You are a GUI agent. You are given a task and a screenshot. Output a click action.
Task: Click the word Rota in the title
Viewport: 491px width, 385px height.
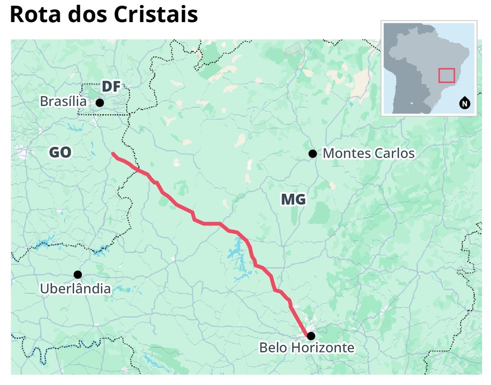point(36,15)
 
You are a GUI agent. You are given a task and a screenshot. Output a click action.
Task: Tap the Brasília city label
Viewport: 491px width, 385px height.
point(63,102)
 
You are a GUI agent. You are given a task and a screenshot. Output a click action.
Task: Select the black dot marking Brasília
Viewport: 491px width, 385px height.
point(100,103)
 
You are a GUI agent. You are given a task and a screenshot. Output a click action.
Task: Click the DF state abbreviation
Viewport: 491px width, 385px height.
point(111,87)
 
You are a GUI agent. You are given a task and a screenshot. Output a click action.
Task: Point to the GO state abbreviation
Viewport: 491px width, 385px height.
point(60,153)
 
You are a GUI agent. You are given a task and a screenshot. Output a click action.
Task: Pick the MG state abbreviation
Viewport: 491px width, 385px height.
point(293,199)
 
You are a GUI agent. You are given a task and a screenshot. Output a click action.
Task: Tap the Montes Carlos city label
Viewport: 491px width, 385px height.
point(368,153)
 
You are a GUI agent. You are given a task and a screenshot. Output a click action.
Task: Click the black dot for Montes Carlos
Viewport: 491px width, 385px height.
point(312,154)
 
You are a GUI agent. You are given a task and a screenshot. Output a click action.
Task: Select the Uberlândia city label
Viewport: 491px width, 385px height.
point(75,288)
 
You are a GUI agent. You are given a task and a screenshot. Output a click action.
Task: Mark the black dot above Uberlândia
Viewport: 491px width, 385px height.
point(78,275)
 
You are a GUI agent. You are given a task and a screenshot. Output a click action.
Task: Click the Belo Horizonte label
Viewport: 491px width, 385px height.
point(306,348)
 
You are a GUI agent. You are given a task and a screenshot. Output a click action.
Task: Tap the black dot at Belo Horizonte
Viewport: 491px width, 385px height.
point(310,336)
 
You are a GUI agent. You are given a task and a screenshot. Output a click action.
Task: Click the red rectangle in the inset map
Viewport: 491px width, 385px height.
point(446,75)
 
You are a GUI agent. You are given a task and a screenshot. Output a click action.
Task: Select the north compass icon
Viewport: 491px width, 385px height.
point(464,103)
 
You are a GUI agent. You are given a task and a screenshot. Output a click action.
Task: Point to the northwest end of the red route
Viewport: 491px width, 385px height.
point(113,154)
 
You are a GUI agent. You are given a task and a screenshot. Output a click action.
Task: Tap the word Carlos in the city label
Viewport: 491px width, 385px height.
point(394,153)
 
